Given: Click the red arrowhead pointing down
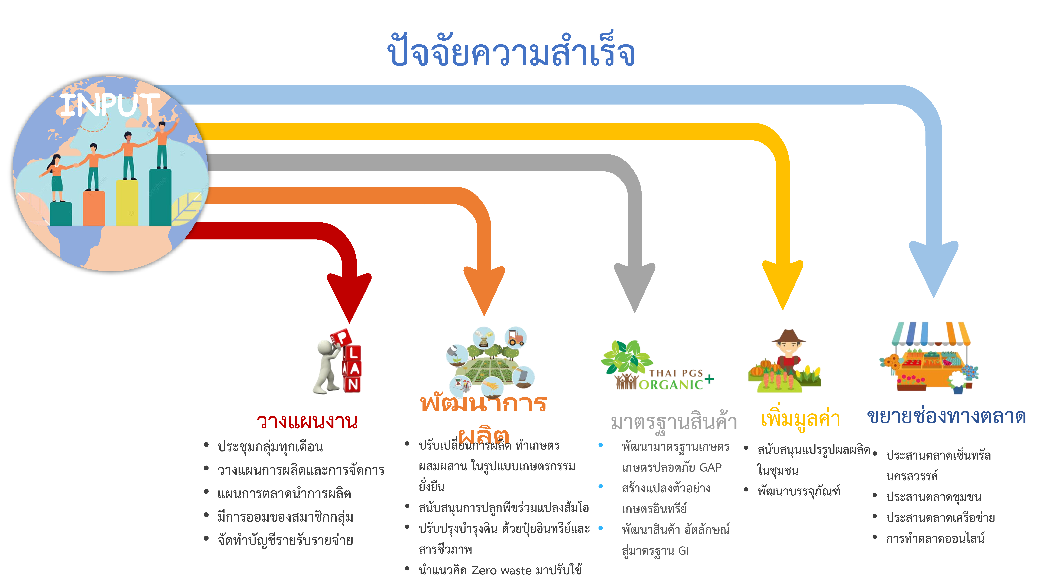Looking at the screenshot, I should tap(349, 295).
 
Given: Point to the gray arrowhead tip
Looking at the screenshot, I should tap(635, 309).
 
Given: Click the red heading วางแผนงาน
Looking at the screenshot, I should tap(307, 421).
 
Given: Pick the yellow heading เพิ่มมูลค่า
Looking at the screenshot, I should tap(800, 419).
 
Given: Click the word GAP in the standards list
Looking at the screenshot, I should tap(710, 467).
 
